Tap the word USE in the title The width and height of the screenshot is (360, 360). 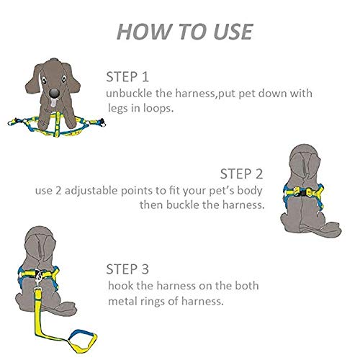tap(228, 32)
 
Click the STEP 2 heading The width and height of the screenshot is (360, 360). tap(241, 174)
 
